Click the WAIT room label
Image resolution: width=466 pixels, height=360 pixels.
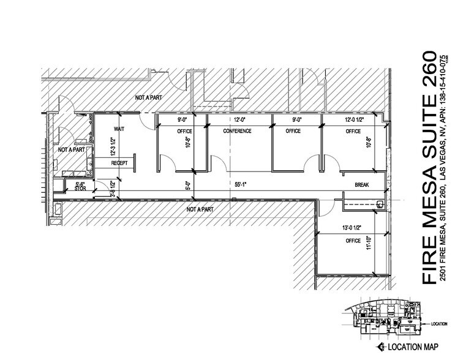tap(119, 129)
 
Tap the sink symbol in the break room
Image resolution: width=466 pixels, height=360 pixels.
tap(380, 204)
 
